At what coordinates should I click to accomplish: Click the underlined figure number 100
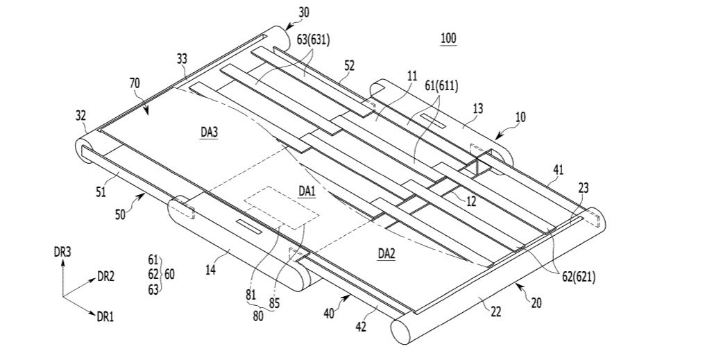448,38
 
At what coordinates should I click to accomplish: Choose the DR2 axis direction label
105,276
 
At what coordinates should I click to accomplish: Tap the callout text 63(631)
314,40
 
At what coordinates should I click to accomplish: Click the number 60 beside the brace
169,274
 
